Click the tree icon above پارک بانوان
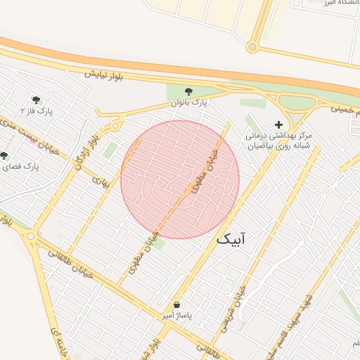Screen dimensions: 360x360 188,91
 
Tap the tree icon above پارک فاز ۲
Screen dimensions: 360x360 36,100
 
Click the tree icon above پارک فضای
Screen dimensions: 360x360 5,155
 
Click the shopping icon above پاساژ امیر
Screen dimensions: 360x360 176,305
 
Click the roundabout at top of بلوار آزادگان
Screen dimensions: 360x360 115,127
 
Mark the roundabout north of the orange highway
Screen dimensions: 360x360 252,47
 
